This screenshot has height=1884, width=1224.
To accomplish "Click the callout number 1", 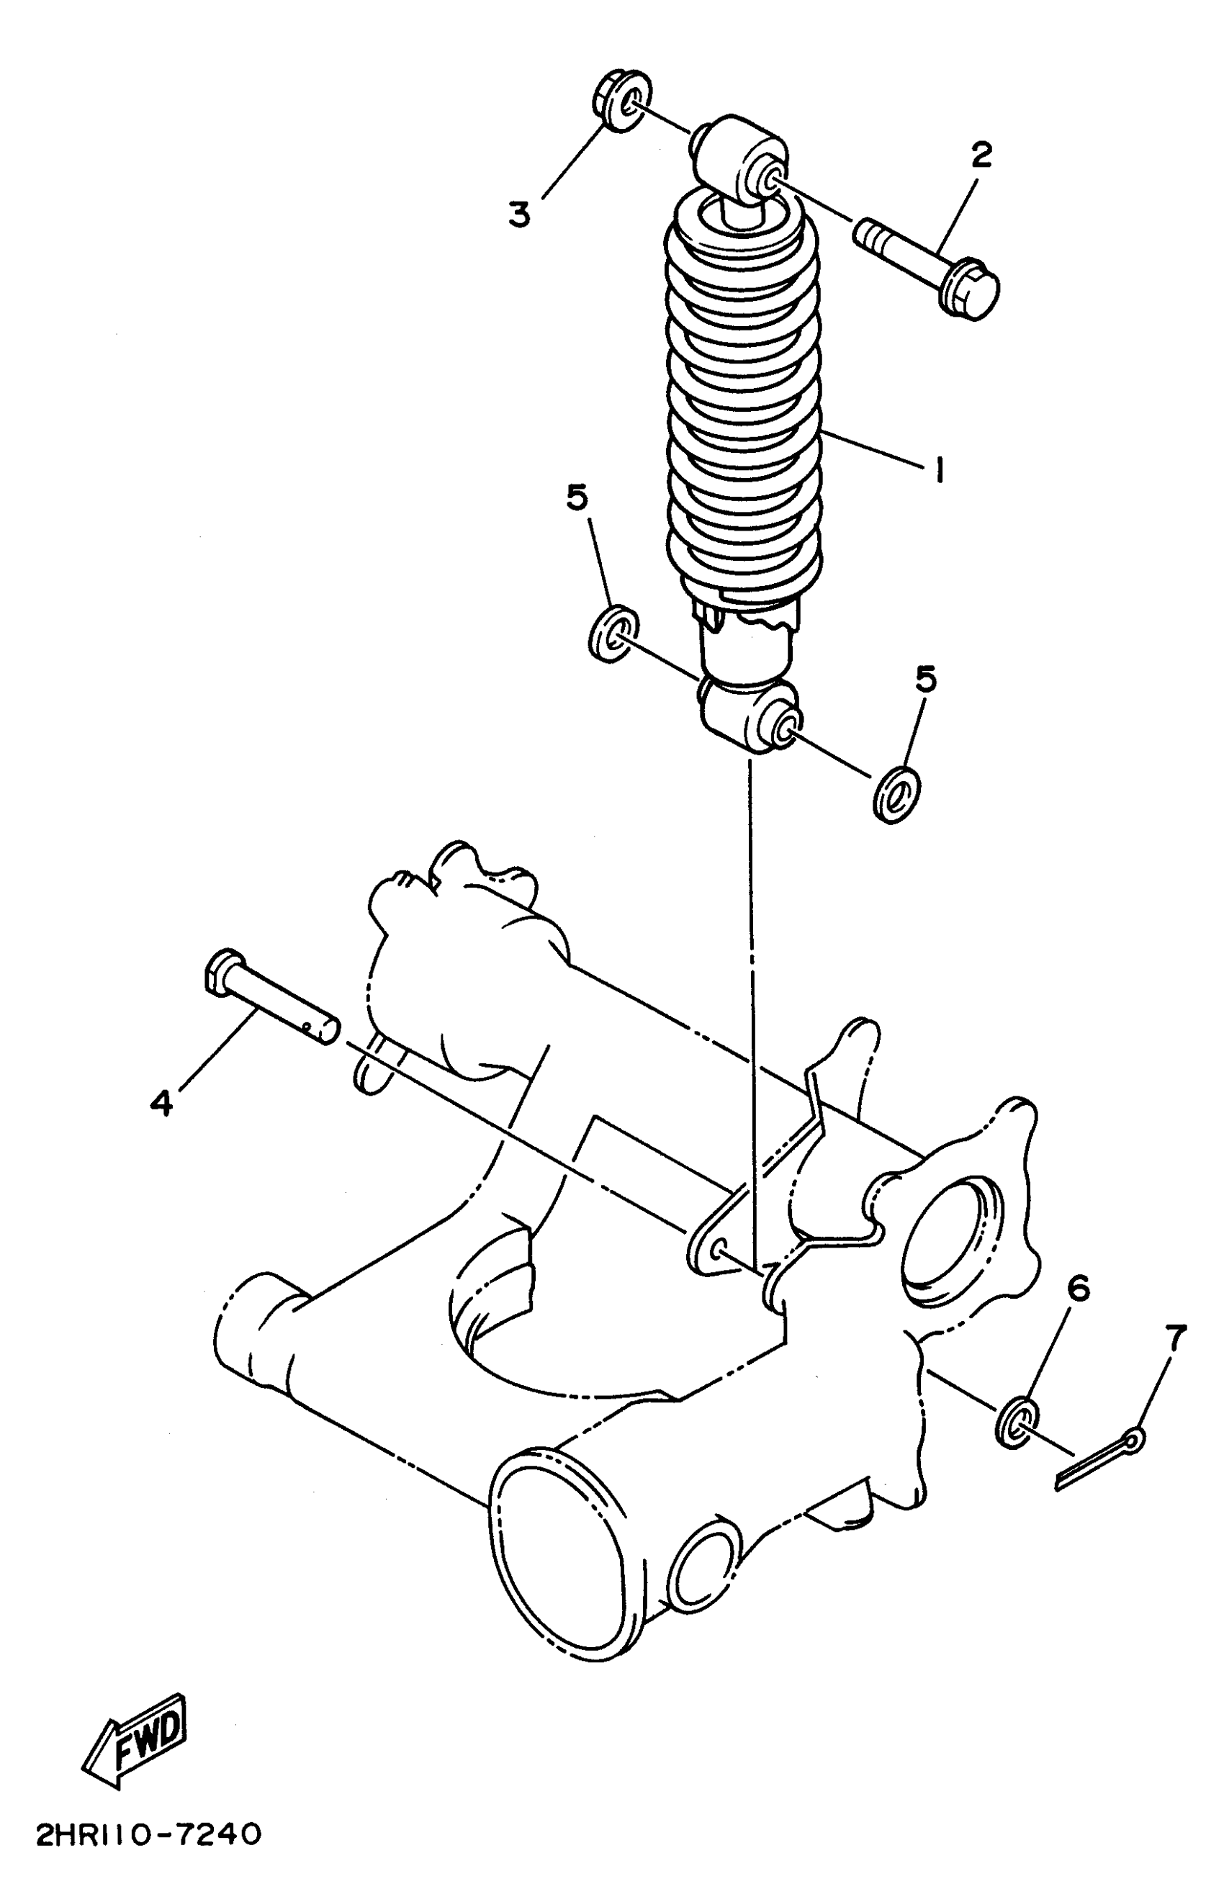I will tap(939, 472).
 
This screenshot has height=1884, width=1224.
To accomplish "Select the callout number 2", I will tap(980, 156).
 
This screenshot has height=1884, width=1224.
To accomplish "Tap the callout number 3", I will tap(519, 215).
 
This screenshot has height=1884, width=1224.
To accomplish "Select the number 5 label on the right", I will tap(924, 679).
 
